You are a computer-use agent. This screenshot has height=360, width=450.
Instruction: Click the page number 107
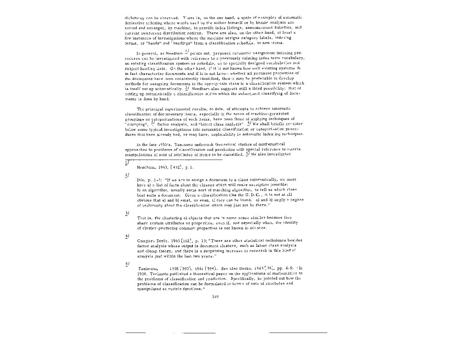tap(216, 297)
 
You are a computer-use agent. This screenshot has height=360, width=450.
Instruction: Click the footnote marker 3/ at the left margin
tap(127, 213)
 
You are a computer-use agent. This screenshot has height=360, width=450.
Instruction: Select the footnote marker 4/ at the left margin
tap(127, 236)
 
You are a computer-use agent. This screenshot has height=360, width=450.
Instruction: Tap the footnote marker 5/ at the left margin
tap(127, 264)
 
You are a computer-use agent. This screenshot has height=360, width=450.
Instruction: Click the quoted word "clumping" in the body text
tap(135, 124)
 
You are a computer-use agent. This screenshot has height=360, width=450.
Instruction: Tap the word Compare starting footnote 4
tap(144, 240)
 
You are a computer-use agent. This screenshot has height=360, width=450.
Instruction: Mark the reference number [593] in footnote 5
tap(184, 268)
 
